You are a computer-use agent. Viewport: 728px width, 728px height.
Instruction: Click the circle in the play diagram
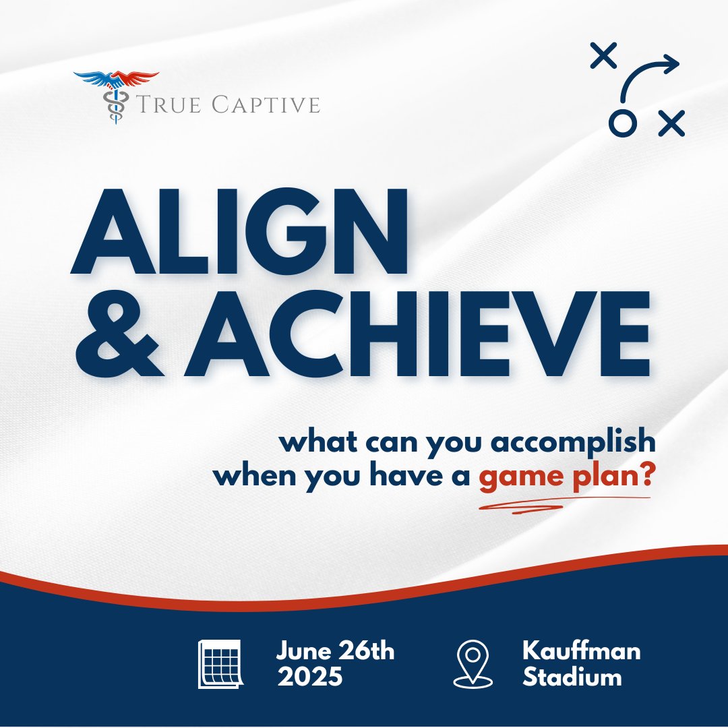click(x=622, y=123)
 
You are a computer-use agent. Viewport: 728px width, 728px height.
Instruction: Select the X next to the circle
click(x=671, y=123)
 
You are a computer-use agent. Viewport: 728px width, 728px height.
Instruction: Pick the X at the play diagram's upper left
click(x=603, y=55)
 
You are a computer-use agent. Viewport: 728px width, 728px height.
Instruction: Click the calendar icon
click(x=220, y=665)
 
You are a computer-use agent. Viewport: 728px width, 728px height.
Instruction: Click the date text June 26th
click(x=335, y=652)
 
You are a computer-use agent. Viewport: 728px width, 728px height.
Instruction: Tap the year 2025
click(x=309, y=677)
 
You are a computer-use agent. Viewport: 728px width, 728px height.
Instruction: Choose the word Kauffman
click(x=581, y=652)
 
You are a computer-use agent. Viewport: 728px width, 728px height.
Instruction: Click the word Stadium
click(x=572, y=677)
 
